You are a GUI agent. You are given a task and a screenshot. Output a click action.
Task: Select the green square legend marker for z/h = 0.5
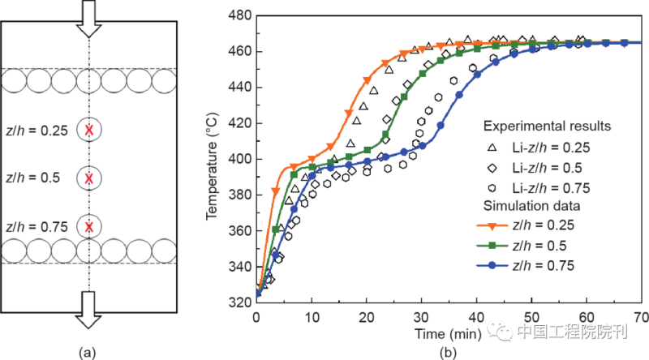pos(499,243)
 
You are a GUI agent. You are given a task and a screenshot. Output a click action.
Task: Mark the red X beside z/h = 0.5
pos(89,178)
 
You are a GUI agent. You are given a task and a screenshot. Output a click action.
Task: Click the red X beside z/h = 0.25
pos(89,130)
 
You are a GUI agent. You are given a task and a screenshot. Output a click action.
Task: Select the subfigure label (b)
pos(445,353)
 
